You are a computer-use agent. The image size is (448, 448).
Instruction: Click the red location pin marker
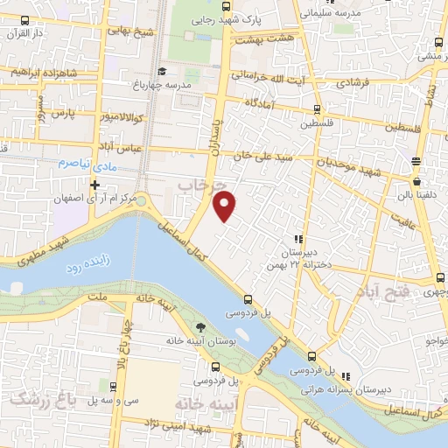click(226, 206)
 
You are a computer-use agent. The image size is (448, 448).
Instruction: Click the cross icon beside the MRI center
click(95, 185)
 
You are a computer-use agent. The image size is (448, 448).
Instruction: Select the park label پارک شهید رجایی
click(267, 18)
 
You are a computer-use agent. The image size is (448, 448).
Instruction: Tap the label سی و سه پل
click(101, 400)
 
